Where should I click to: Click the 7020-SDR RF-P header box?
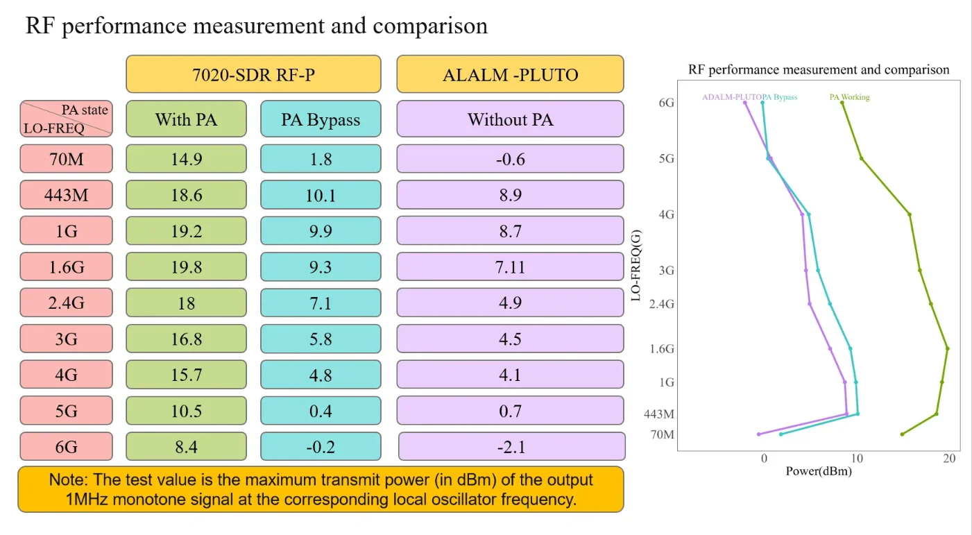coord(253,74)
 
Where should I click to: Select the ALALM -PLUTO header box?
coord(511,74)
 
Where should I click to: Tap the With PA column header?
coord(186,119)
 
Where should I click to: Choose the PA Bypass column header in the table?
coord(321,119)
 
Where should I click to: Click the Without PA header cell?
coord(511,119)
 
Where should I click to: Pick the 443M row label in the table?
coord(66,195)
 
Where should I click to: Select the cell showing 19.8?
coord(186,266)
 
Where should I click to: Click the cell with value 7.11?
coord(511,266)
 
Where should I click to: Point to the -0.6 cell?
coord(511,159)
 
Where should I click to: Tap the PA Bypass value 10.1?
coord(321,195)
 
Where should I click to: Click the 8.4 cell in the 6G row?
coord(186,446)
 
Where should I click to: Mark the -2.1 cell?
coord(511,446)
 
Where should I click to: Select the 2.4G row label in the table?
coord(66,303)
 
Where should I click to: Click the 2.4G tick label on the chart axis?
coord(662,304)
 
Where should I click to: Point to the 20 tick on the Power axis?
coord(949,458)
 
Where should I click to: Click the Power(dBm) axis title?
coord(819,471)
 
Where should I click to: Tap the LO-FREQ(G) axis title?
coord(636,265)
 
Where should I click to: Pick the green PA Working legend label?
coord(850,96)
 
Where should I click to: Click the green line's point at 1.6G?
coord(947,348)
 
